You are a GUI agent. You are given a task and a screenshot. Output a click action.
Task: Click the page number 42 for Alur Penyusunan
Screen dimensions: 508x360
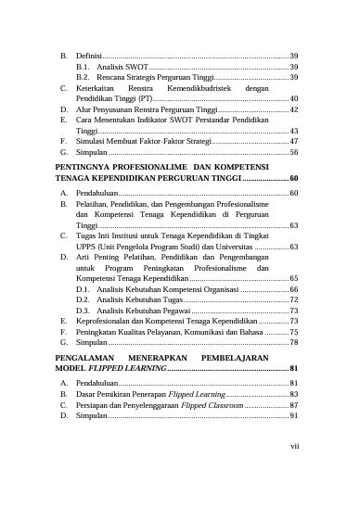coord(293,108)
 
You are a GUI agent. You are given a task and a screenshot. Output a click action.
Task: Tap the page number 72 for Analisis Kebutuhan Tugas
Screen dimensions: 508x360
coord(293,299)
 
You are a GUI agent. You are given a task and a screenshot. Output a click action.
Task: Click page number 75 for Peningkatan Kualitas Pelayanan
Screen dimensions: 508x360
coord(293,331)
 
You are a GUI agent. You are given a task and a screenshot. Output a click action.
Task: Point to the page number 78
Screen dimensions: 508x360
coord(293,343)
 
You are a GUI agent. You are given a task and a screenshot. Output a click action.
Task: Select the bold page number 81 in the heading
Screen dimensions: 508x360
coord(292,368)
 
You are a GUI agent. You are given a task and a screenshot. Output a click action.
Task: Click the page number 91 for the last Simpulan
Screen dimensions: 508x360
coord(293,417)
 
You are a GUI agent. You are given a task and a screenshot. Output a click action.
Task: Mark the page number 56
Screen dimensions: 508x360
coord(293,151)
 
